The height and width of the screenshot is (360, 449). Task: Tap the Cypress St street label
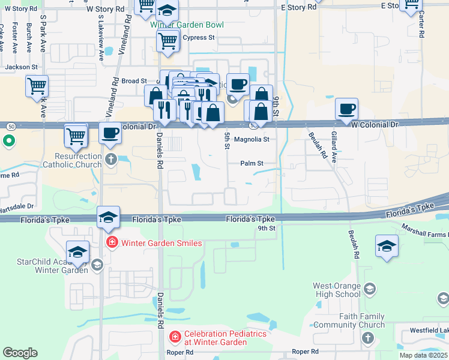[x=198, y=37]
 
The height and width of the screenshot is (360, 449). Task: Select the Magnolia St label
[x=252, y=139]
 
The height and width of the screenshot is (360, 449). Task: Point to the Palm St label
[x=252, y=163]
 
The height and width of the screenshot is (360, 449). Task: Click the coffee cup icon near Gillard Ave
[x=346, y=110]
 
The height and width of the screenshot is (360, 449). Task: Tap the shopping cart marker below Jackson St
[x=37, y=86]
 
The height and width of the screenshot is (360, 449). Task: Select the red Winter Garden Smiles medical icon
[x=111, y=243]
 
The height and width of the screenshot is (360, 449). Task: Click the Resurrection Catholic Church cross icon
[x=110, y=159]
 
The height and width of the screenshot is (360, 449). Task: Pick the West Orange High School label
[x=337, y=290]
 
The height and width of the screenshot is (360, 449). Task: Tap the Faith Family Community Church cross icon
[x=367, y=339]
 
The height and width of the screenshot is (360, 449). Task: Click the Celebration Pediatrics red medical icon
[x=175, y=338]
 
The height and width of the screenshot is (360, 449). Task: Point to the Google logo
[x=20, y=353]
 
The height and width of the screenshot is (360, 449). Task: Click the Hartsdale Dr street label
[x=18, y=205]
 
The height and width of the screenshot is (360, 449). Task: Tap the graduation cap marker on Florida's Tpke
[x=108, y=217]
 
